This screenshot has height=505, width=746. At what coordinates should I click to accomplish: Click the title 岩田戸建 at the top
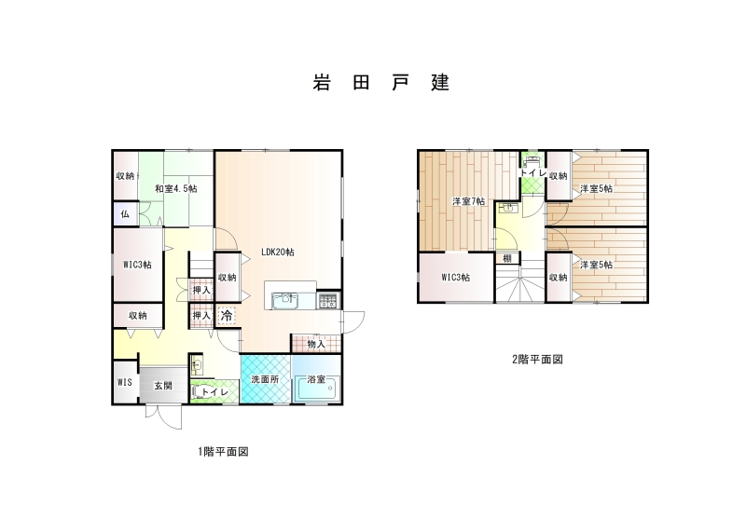(381, 82)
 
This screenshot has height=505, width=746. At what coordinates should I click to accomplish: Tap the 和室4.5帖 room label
(176, 189)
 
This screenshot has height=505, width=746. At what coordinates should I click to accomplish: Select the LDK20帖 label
(277, 252)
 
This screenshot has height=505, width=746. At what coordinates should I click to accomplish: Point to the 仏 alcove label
(125, 214)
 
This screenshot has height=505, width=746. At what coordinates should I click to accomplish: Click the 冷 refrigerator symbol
(227, 315)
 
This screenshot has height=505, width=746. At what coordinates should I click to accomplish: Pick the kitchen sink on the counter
(284, 301)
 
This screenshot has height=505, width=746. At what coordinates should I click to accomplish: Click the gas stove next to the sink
(328, 301)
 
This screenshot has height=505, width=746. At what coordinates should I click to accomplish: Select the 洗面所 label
(265, 379)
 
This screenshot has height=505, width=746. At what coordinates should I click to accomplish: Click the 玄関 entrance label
(162, 386)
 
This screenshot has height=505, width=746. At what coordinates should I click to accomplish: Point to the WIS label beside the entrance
(125, 382)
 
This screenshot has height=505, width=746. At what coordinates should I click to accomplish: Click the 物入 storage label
(316, 344)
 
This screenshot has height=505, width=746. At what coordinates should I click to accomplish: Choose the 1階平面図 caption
(223, 451)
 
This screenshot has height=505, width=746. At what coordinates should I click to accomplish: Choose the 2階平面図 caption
(538, 360)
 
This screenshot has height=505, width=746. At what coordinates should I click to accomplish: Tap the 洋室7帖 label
(469, 201)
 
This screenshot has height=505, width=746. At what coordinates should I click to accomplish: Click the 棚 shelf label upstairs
(507, 258)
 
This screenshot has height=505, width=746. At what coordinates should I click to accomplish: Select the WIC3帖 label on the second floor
(456, 278)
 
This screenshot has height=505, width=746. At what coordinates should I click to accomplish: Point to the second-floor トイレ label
(532, 173)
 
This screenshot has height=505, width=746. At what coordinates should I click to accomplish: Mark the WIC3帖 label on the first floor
(137, 265)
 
